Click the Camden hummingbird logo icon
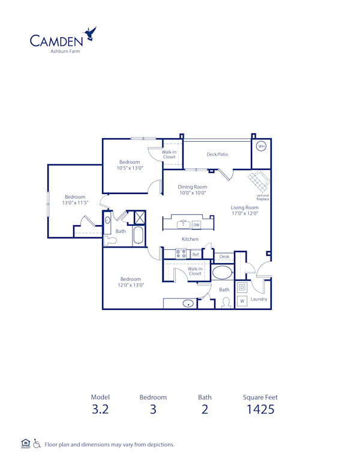coord(91,34)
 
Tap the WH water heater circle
coord(261,146)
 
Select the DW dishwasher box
coord(196,225)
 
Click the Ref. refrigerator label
coord(196,255)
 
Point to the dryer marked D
coord(242,287)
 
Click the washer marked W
coord(242,300)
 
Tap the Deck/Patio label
coord(217,154)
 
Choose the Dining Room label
coord(193,187)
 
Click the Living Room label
coord(244,208)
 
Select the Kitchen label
coord(190,239)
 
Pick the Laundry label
coord(259,299)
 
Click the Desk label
coord(224,256)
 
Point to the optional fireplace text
coord(263,197)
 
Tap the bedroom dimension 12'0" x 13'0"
coord(131,285)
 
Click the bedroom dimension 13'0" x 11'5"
coord(75,203)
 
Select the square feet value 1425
coord(260,410)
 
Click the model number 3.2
coord(98,410)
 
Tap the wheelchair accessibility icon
coord(37,444)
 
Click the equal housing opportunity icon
coord(25,444)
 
